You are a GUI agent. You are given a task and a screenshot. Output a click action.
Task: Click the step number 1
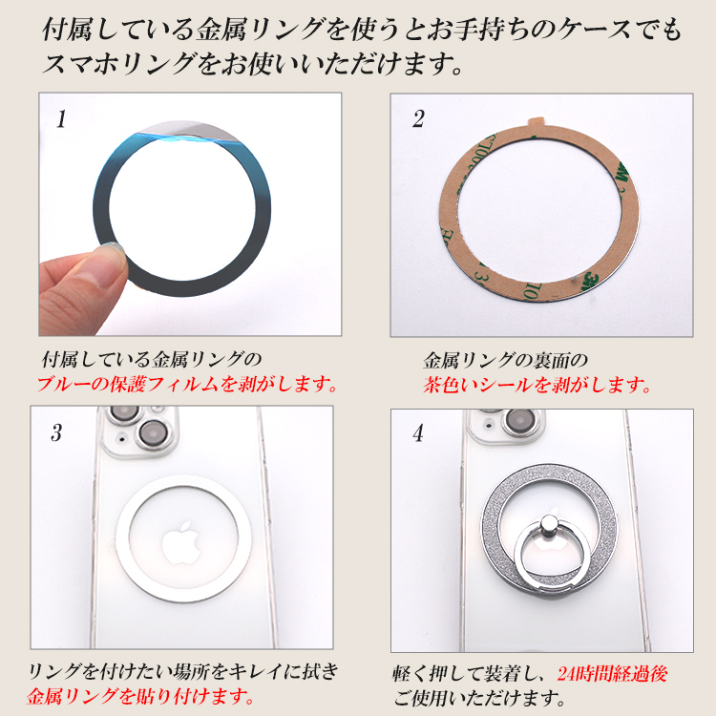click(x=61, y=119)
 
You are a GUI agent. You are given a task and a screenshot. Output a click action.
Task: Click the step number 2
click(x=418, y=119)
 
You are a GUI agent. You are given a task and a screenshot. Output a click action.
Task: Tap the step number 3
click(x=56, y=432)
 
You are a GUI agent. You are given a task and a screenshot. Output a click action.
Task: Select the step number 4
click(x=418, y=432)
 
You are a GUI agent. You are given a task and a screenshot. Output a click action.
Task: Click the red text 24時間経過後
click(x=612, y=674)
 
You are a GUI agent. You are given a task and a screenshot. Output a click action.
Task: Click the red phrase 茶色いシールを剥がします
click(x=537, y=386)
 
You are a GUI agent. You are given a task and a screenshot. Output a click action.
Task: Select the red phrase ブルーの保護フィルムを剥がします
click(x=187, y=385)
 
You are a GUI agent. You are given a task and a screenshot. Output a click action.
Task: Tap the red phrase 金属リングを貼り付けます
click(x=139, y=696)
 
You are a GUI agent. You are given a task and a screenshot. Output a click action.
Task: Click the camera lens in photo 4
click(x=519, y=419)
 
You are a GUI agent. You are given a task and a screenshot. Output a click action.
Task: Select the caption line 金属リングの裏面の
click(x=505, y=361)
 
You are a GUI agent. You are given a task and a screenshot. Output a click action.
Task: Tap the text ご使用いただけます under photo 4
click(x=479, y=698)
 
